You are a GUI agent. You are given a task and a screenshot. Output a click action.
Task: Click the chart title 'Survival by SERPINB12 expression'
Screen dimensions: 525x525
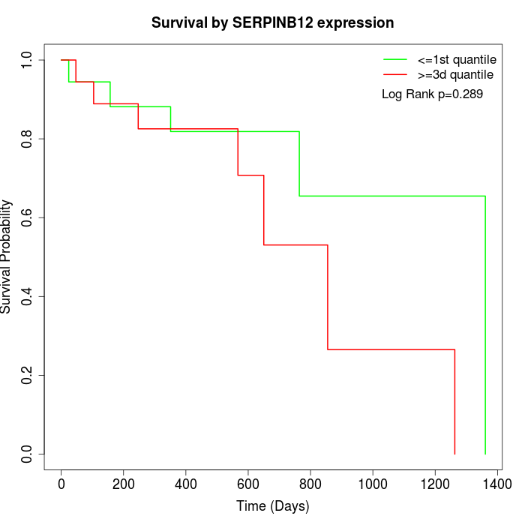[272, 22]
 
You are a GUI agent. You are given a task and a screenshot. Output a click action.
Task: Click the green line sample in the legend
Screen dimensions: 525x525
[395, 59]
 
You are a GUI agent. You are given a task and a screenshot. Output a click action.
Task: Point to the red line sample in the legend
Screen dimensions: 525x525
[395, 75]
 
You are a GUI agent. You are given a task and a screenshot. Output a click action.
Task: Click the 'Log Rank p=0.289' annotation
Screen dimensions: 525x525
[432, 94]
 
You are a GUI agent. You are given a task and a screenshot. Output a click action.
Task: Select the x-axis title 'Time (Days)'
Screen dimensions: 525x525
[272, 506]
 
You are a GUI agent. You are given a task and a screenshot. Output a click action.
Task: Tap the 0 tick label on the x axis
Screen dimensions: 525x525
[61, 483]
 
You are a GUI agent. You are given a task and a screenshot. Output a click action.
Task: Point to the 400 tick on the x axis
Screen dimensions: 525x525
[186, 483]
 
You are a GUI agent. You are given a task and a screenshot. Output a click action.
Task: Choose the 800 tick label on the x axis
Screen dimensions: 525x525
[310, 483]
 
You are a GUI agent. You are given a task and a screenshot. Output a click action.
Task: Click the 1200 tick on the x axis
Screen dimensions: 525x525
[435, 483]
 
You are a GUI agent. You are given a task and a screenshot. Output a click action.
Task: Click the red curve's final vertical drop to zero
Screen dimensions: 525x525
[454, 401]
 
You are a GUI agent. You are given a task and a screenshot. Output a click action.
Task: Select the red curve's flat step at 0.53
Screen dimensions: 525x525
[295, 244]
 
